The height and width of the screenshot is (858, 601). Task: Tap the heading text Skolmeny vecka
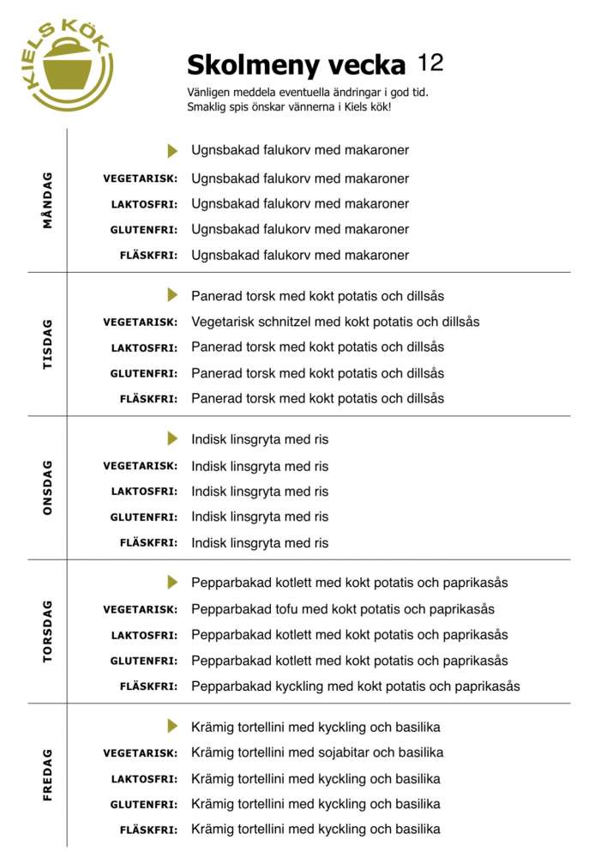(x=296, y=64)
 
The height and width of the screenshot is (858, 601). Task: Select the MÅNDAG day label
(x=47, y=200)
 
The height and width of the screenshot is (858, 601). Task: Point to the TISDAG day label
(x=47, y=344)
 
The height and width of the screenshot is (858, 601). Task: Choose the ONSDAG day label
(x=47, y=487)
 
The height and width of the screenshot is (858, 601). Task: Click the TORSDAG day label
(x=47, y=631)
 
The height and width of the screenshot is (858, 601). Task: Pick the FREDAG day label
(x=47, y=775)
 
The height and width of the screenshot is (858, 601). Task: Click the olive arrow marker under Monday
(x=172, y=150)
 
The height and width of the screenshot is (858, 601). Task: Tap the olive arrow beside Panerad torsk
(x=172, y=295)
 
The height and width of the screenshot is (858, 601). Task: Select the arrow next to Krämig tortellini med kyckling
(x=172, y=726)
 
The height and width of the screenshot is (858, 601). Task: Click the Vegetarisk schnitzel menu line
(x=335, y=322)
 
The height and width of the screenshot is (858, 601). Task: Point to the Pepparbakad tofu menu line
(x=343, y=609)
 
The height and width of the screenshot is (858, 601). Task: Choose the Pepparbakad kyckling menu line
(x=355, y=686)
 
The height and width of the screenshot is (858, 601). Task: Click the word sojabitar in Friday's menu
(x=340, y=752)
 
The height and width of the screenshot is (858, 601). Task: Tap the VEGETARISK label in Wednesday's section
(x=141, y=466)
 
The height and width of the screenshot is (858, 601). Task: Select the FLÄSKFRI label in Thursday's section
(x=148, y=686)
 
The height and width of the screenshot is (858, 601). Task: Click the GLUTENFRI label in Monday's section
(x=144, y=230)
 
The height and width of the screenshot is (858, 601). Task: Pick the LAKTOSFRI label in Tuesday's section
(x=144, y=347)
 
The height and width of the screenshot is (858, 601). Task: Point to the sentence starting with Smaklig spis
(x=288, y=107)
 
